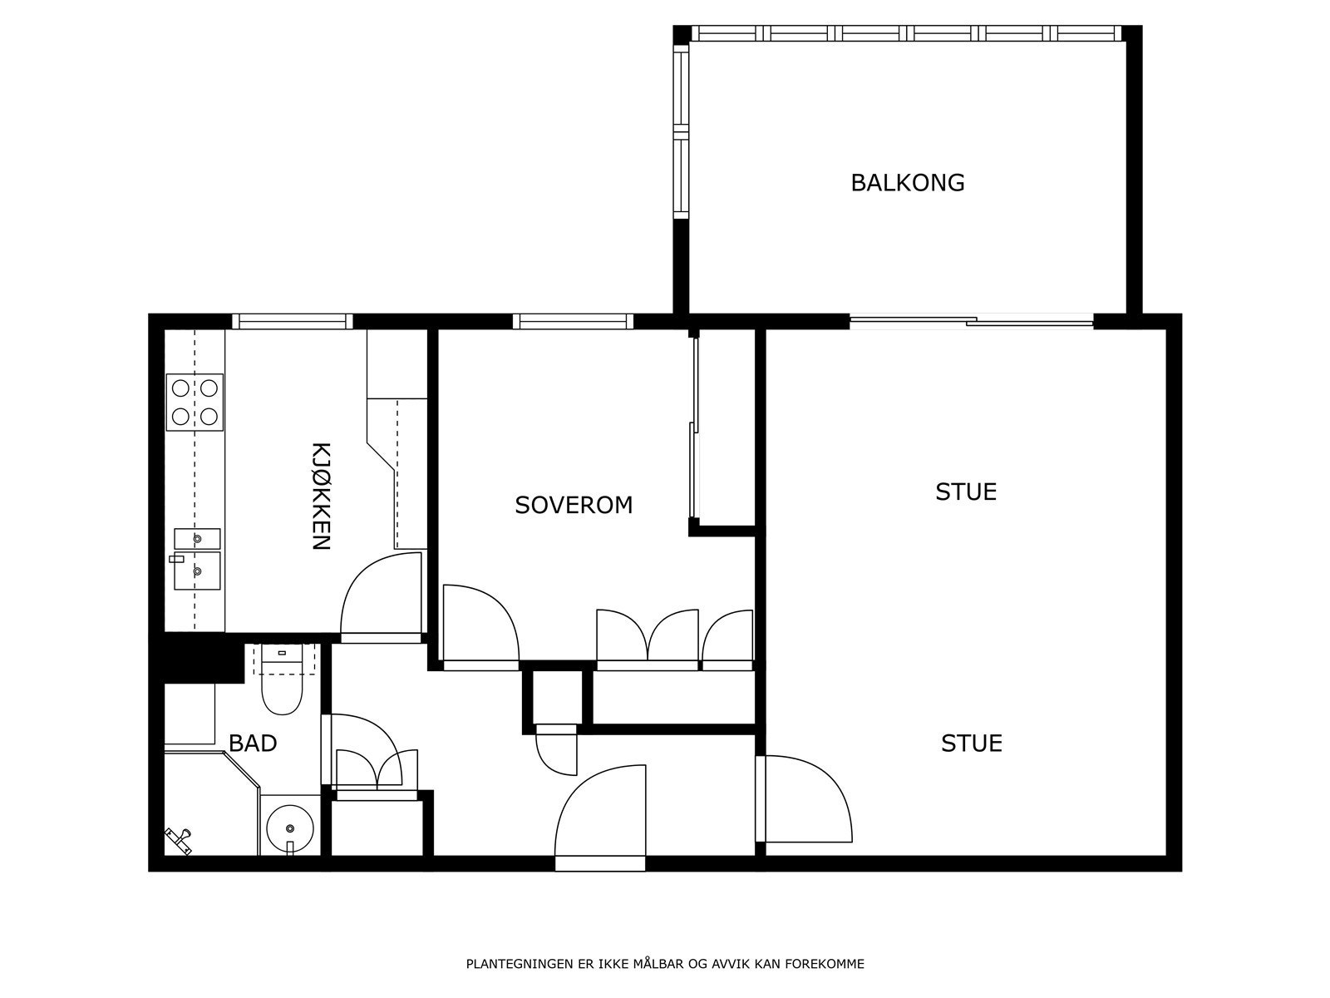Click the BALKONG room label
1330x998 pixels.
pos(907,182)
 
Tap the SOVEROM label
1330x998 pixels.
pos(574,505)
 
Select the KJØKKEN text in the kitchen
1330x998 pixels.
pos(321,497)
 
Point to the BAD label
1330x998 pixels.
pos(253,743)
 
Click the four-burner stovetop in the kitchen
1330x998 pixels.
pos(195,403)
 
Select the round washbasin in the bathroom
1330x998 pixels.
pos(290,828)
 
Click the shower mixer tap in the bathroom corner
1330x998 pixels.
pos(178,841)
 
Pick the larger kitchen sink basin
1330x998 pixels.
pos(197,571)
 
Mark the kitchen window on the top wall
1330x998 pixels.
pos(292,321)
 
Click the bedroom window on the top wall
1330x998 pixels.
pos(573,321)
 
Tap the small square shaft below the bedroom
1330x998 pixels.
pos(557,697)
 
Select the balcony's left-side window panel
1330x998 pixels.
pos(681,131)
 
